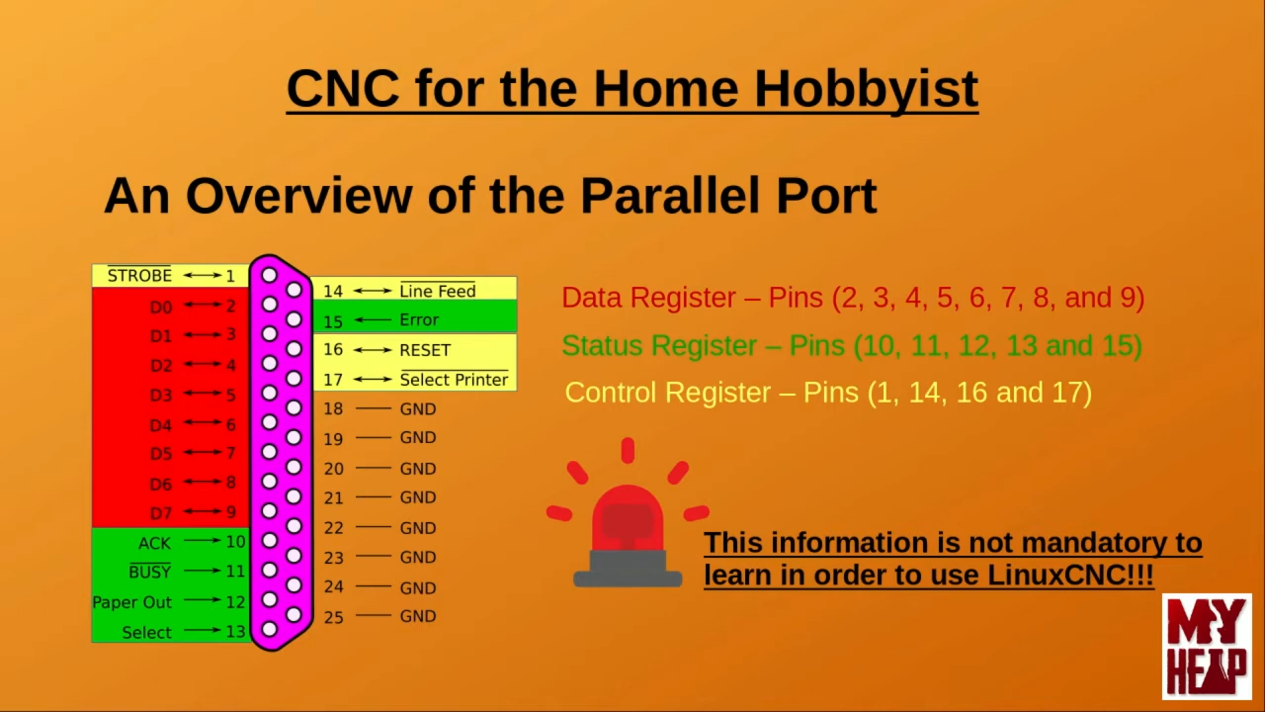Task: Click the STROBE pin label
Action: tap(139, 275)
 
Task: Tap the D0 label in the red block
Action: tap(161, 307)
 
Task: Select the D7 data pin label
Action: tap(161, 513)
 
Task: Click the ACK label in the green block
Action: tap(155, 543)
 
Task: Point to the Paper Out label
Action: tap(132, 603)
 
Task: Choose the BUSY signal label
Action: tap(150, 572)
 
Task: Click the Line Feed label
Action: tap(437, 291)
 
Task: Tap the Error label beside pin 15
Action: tap(419, 320)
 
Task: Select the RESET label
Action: tap(425, 350)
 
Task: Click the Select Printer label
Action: tap(454, 380)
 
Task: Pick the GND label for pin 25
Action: tap(418, 616)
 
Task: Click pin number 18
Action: tap(333, 409)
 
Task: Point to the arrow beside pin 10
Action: tap(202, 541)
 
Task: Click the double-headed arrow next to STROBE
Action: tap(202, 275)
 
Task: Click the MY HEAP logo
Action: tap(1207, 646)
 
